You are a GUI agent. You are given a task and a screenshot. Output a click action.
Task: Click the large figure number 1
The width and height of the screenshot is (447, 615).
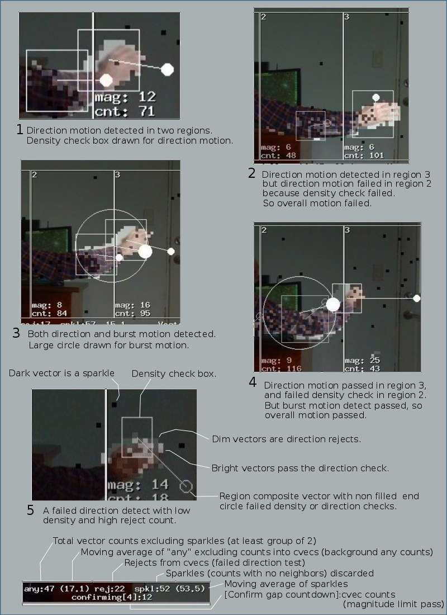(20, 130)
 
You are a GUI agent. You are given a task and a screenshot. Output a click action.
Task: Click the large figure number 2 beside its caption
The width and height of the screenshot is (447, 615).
(252, 173)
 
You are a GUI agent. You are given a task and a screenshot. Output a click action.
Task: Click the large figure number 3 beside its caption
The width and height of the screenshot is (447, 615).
(16, 334)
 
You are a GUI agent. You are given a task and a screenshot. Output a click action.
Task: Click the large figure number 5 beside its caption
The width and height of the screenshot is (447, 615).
(30, 510)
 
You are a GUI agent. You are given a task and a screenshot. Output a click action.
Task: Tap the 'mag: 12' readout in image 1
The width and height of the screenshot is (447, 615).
(125, 97)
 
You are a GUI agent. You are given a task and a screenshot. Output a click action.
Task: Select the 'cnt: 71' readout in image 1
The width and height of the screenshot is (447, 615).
(125, 112)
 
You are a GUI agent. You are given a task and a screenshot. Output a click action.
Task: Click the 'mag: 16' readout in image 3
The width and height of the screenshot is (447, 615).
(131, 305)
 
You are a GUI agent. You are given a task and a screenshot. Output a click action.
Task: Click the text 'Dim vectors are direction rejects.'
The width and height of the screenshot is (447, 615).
(286, 439)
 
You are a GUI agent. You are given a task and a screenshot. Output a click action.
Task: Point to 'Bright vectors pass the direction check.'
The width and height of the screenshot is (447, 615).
(300, 468)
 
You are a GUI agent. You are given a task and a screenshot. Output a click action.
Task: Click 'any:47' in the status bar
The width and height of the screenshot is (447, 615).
(36, 589)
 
